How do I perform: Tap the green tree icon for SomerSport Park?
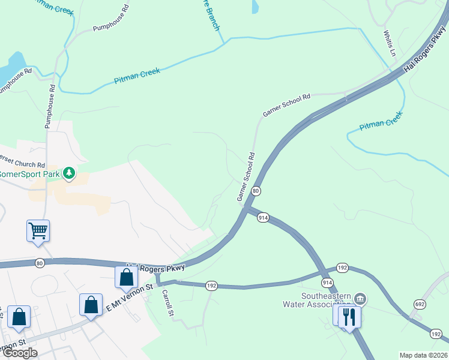tap(70, 173)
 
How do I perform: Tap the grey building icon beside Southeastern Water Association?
tap(360, 298)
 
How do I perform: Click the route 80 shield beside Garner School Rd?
tap(256, 191)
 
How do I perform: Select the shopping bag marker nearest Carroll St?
tap(126, 278)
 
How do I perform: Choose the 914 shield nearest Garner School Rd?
tap(262, 218)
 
